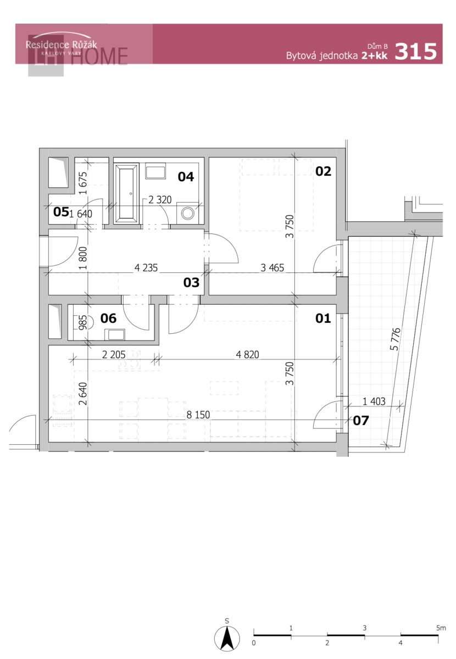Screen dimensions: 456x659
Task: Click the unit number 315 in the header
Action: tap(416, 52)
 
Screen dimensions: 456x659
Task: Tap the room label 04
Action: tap(186, 176)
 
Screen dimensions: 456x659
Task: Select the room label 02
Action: tap(323, 171)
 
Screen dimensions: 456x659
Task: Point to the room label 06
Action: tap(108, 318)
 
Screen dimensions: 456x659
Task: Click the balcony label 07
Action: tap(361, 421)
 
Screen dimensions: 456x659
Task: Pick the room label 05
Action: tap(61, 211)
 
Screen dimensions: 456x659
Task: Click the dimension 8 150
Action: tap(198, 415)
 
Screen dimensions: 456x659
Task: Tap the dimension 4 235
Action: tap(146, 268)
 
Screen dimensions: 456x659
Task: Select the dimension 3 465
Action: tap(273, 268)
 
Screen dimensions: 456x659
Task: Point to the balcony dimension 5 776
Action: tap(396, 339)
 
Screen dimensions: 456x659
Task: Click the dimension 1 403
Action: tap(374, 401)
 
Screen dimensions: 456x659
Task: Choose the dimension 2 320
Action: tap(160, 200)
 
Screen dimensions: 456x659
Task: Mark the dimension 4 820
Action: tap(247, 355)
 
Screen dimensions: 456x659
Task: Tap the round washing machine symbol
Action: tap(187, 213)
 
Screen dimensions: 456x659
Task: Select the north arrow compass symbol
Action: tap(227, 638)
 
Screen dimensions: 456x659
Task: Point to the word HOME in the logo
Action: tap(99, 56)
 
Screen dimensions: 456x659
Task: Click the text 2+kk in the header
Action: tap(375, 55)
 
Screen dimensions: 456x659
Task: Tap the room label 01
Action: tap(323, 318)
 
